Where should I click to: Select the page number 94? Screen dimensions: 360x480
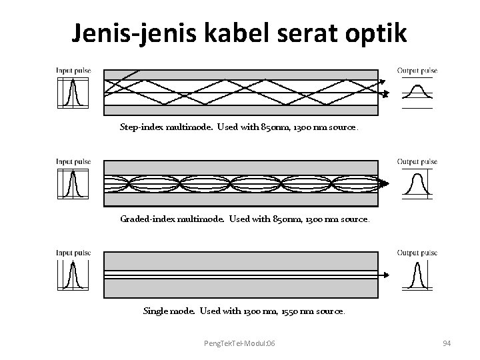point(447,343)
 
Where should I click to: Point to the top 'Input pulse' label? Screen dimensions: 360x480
point(73,70)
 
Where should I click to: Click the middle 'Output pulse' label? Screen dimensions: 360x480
point(417,161)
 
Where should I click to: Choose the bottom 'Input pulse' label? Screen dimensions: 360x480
point(73,253)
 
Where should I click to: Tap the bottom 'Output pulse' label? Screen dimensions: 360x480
point(417,253)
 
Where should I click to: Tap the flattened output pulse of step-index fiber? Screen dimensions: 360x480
point(417,91)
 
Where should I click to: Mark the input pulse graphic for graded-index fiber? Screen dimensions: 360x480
point(73,183)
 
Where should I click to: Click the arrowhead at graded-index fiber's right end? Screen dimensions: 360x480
point(386,183)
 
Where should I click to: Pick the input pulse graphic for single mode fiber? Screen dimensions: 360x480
point(73,275)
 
